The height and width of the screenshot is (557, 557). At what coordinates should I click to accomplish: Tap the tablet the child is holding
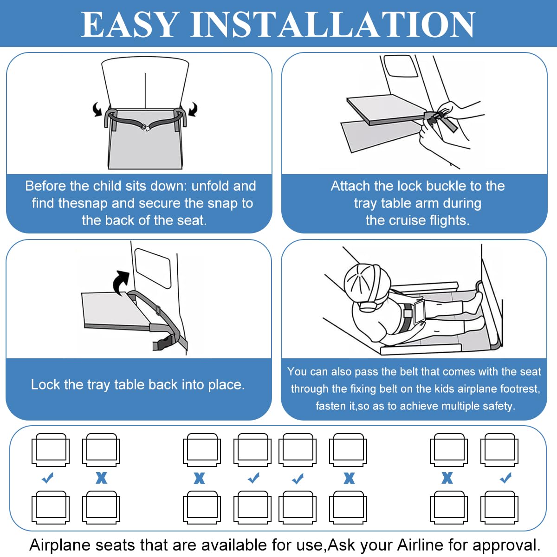[x=420, y=312]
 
